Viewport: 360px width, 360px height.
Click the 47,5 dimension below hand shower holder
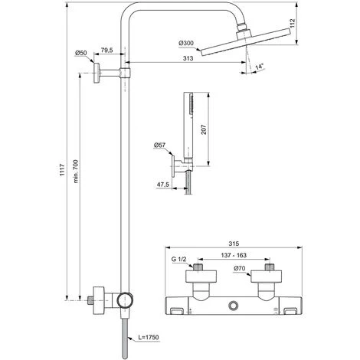click(x=162, y=185)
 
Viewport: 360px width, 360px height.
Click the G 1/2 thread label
click(x=179, y=259)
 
